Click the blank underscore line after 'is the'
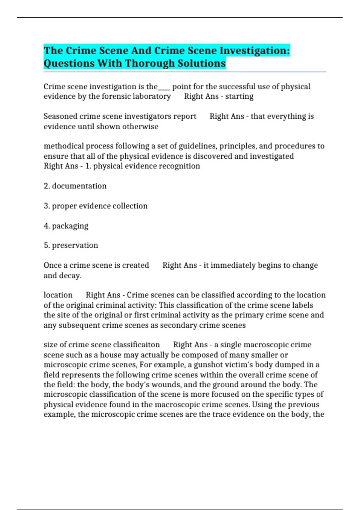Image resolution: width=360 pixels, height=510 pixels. coord(164,87)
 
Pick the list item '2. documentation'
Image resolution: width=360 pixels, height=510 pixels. coord(75,186)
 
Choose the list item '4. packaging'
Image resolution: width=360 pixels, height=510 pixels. coord(66,226)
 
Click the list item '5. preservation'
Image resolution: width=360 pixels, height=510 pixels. coord(71,245)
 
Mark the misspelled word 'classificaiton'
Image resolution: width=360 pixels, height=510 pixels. coord(136,344)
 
